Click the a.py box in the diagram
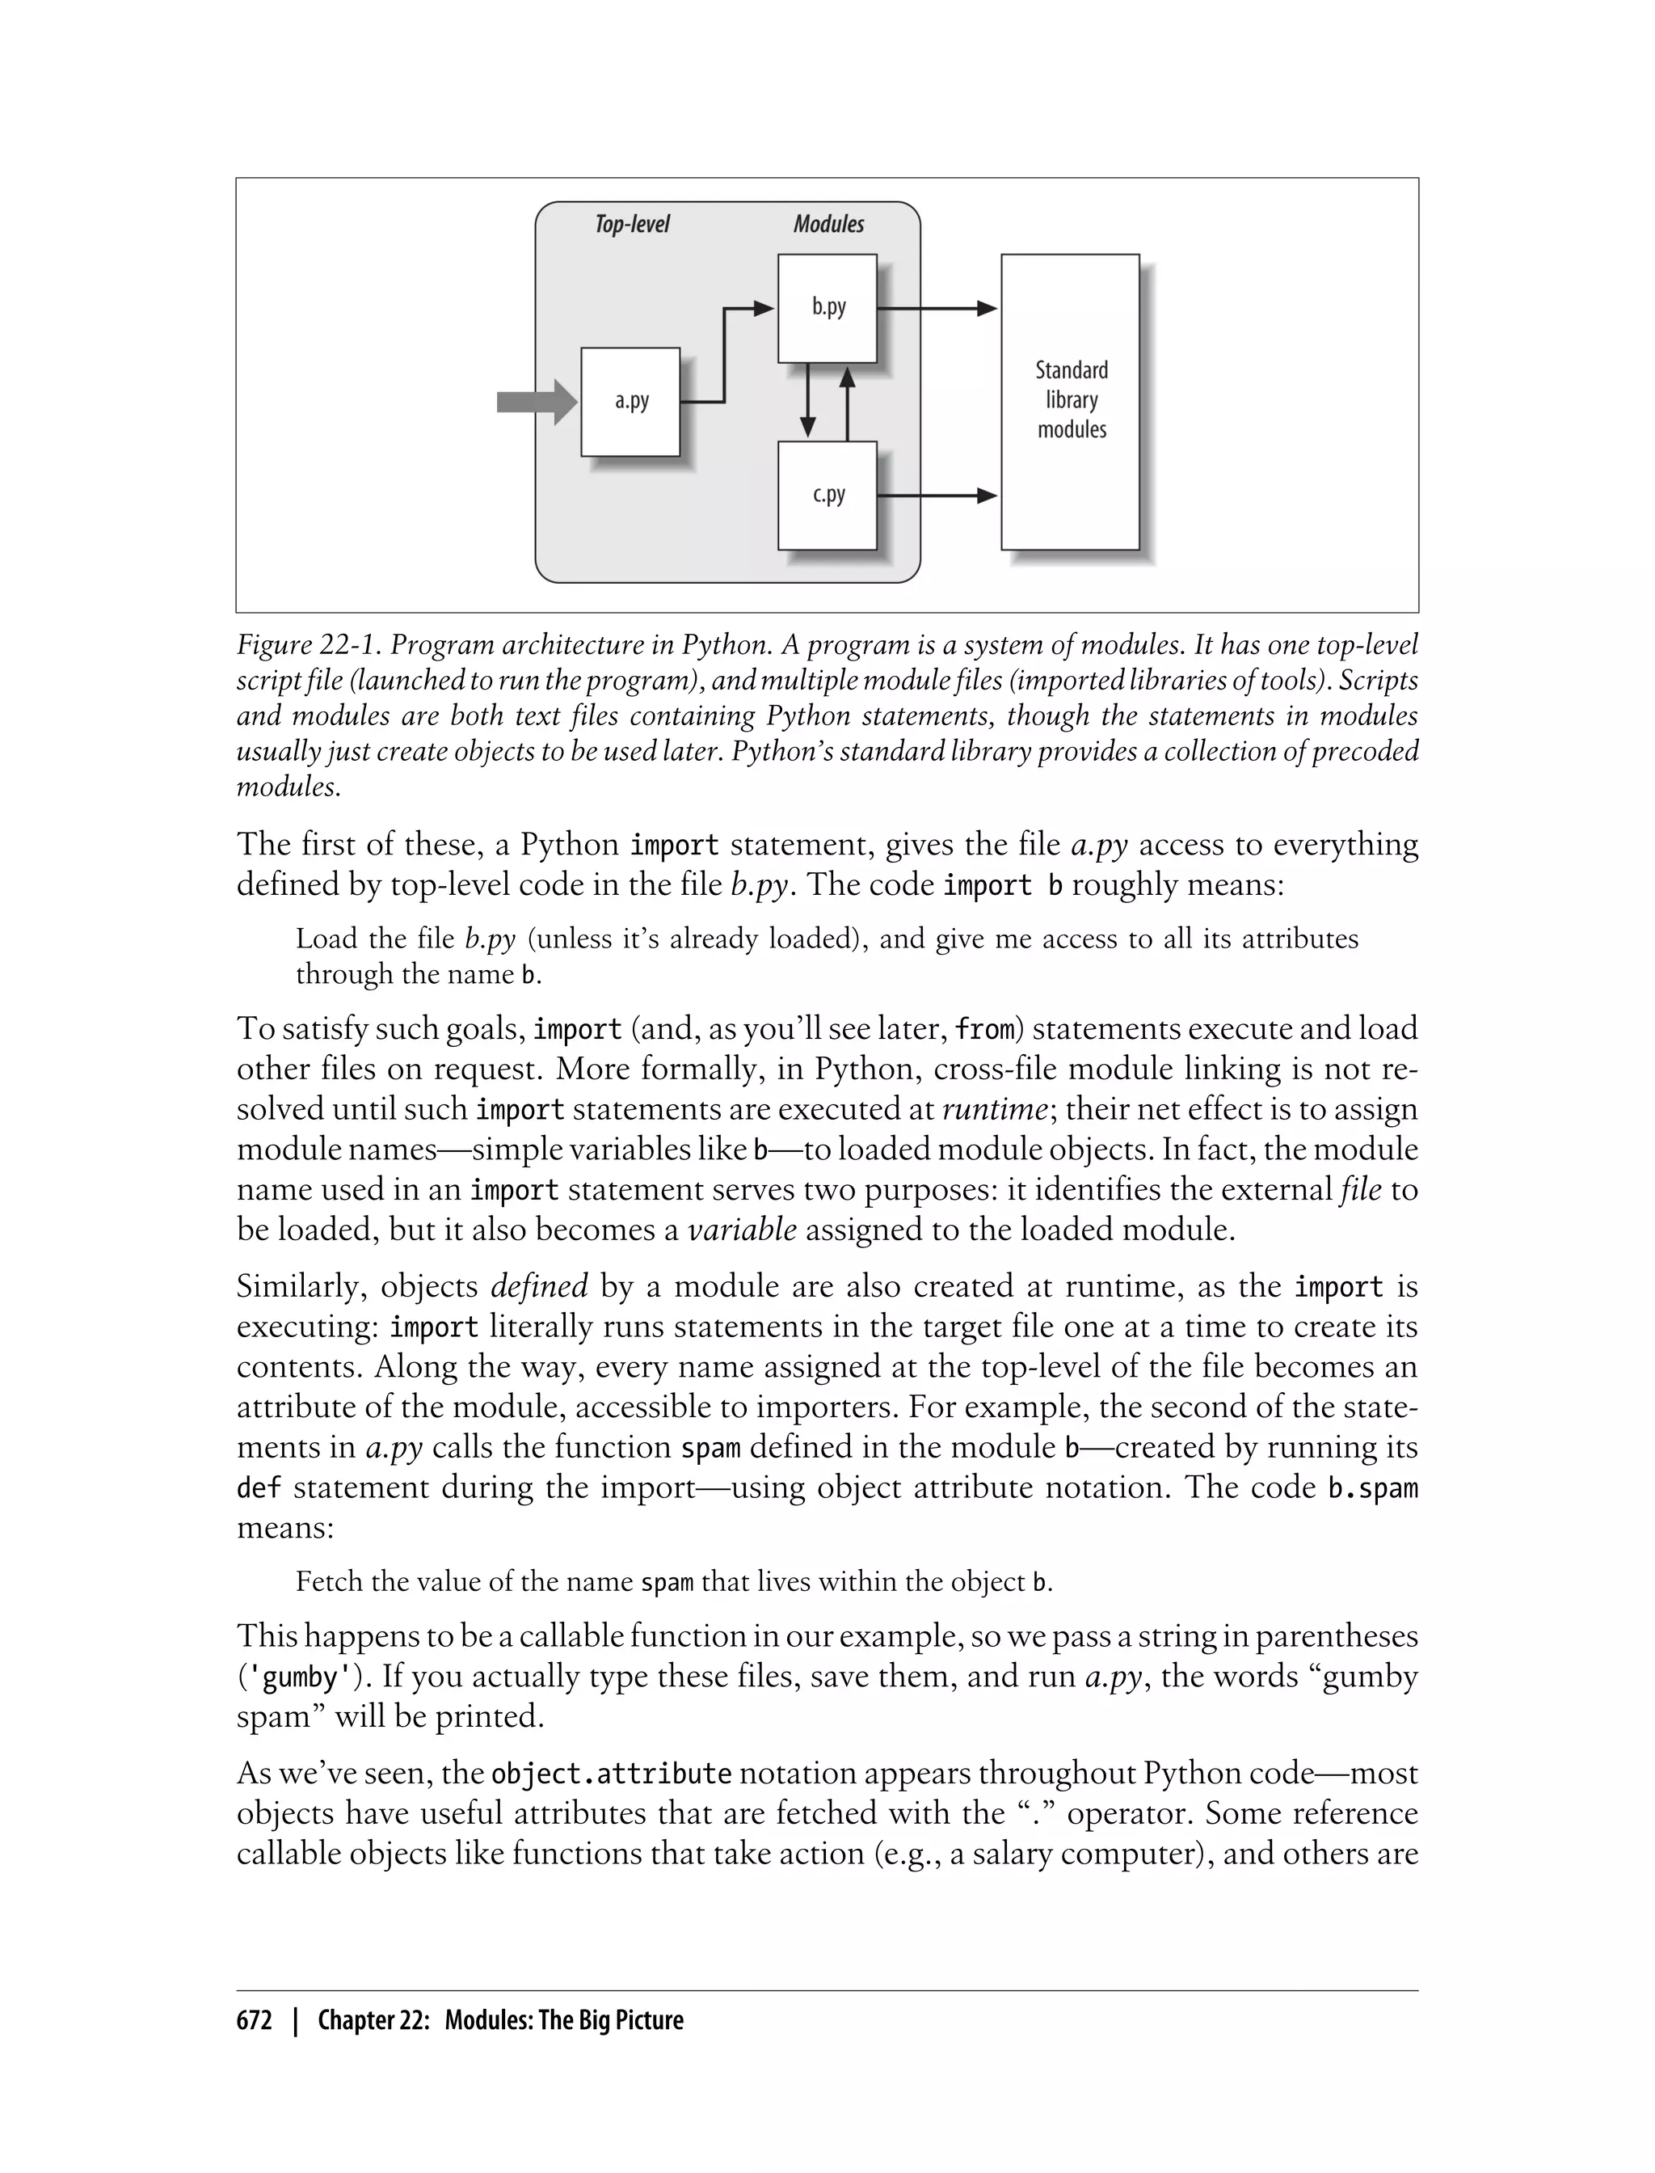pos(630,401)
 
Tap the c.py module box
pos(827,495)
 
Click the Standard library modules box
pos(1070,401)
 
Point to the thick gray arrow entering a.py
pos(536,401)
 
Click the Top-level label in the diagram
pos(631,224)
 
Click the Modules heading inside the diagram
pos(828,224)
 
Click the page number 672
pos(255,2020)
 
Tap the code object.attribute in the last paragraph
pos(611,1774)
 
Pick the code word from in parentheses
pos(985,1029)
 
